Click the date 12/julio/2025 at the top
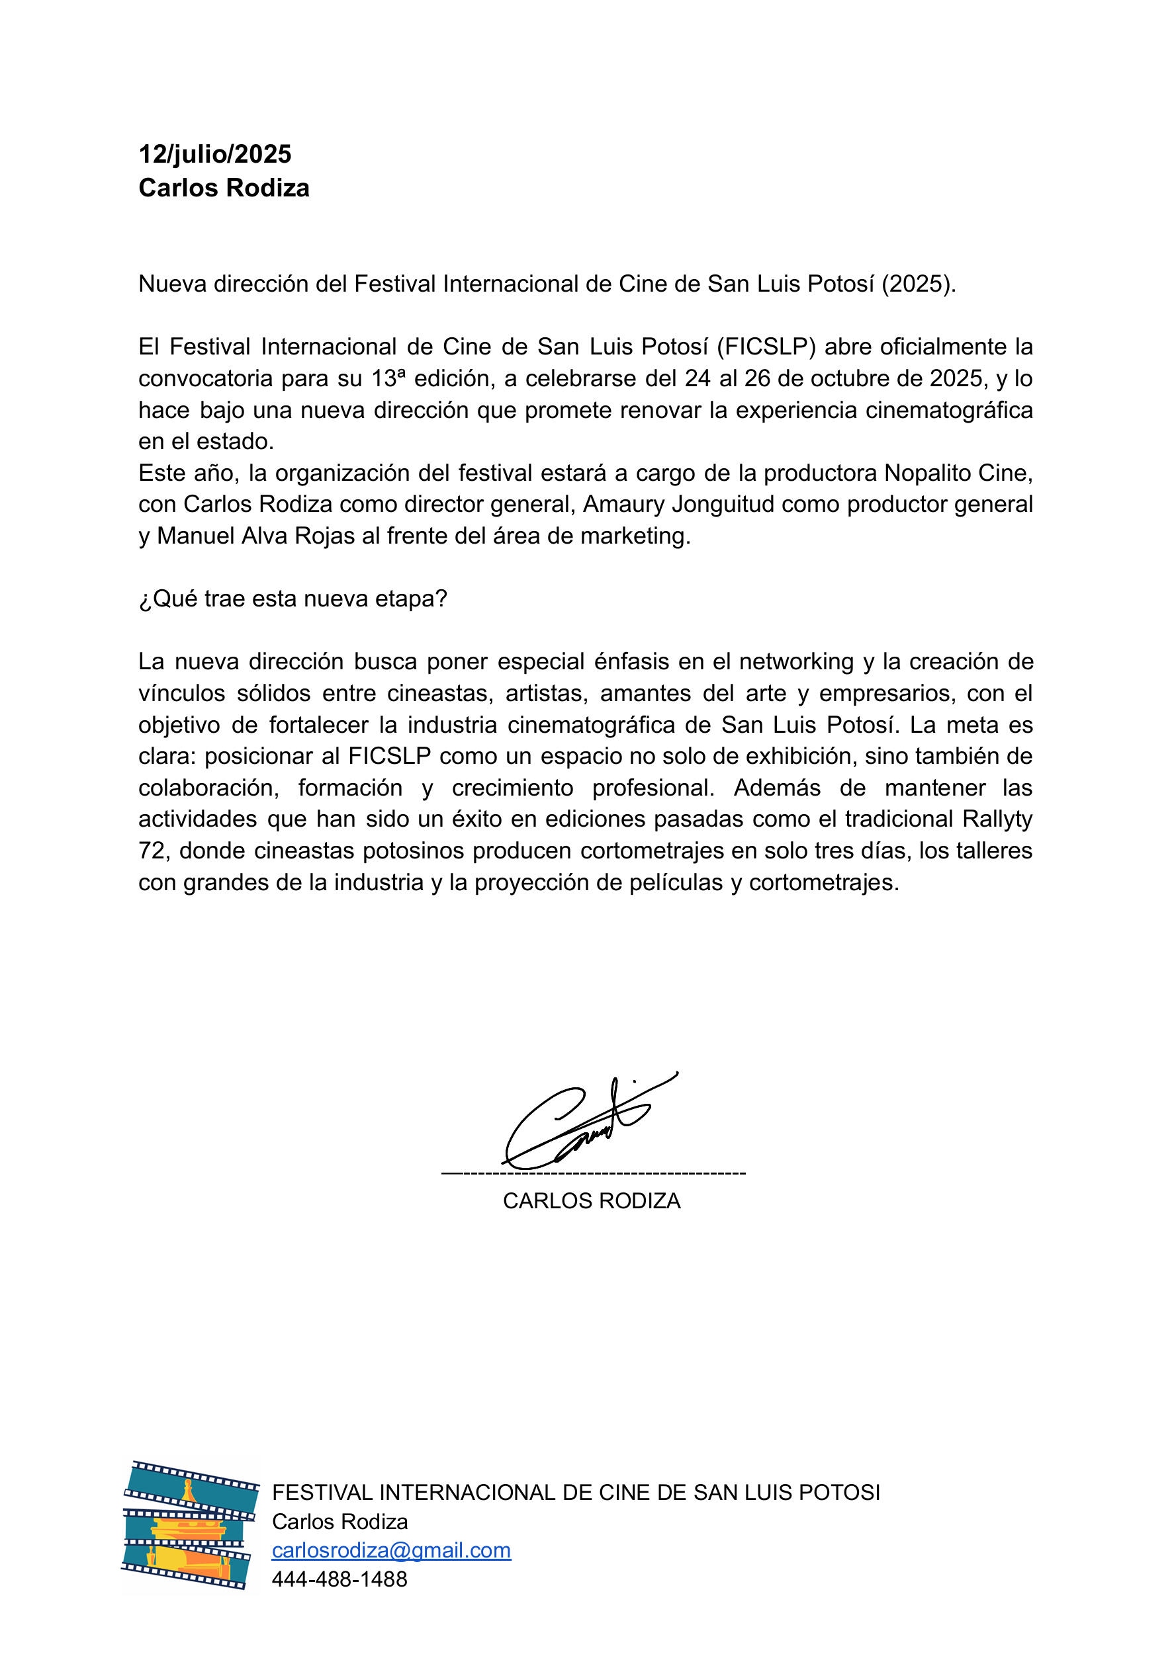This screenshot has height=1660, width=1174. click(x=215, y=154)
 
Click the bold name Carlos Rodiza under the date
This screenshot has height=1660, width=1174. click(x=224, y=188)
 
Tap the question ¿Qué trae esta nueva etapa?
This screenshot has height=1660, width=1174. click(x=293, y=599)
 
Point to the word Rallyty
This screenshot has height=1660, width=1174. click(x=997, y=819)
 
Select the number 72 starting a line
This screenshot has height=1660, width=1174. click(x=153, y=851)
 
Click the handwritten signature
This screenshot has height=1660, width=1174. click(x=586, y=1119)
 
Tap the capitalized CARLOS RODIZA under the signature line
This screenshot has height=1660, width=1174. click(x=592, y=1201)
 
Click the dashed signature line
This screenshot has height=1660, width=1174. click(x=593, y=1173)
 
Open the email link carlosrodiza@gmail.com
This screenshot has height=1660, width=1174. click(x=391, y=1551)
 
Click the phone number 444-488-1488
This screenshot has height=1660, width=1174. click(x=339, y=1580)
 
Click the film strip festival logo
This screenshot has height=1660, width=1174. click(x=190, y=1526)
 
